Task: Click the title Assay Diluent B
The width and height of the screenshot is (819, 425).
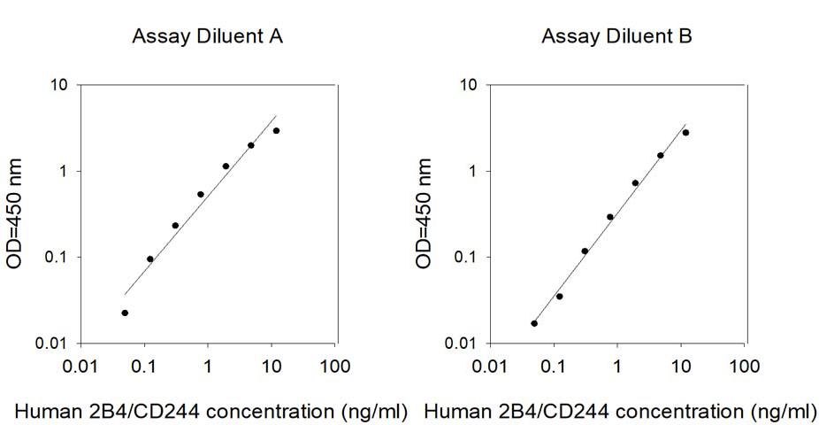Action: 616,36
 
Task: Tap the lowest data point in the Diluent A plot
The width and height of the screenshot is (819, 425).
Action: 125,313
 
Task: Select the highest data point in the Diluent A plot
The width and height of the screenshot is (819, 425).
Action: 276,131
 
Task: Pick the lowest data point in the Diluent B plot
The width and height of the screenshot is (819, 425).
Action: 534,323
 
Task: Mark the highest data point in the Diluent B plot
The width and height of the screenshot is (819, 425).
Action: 685,133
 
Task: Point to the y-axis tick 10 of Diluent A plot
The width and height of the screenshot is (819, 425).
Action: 60,86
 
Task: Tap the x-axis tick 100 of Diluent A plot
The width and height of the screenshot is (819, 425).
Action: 334,366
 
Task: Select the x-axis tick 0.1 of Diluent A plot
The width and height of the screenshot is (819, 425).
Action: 144,366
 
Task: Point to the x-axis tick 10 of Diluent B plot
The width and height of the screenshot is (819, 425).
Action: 680,366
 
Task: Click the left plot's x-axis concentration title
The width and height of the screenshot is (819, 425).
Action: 210,411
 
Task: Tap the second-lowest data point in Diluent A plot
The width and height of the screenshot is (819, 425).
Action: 149,259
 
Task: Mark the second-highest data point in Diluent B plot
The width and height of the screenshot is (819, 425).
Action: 660,155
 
